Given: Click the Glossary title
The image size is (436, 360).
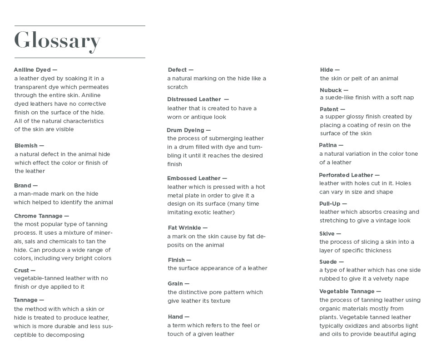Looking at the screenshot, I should click(57, 41).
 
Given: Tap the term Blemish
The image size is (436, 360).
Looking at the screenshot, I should click(26, 146).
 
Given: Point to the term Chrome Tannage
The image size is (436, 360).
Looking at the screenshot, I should click(39, 216).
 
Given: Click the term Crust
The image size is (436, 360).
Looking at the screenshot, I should click(21, 270).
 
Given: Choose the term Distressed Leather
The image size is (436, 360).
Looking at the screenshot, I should click(194, 99).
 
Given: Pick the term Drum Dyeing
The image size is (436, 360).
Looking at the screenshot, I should click(186, 130).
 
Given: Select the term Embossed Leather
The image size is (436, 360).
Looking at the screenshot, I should click(194, 178).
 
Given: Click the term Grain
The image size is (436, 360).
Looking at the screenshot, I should click(175, 284).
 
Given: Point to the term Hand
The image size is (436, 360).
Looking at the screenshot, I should click(175, 317).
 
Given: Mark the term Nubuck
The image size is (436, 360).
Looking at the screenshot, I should click(331, 90).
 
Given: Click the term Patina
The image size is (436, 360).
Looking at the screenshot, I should click(328, 145).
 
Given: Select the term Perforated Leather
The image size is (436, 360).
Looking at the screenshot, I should click(346, 175).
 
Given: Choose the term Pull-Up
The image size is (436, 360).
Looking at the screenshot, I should click(330, 204).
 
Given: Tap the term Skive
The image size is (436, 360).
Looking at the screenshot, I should click(327, 234).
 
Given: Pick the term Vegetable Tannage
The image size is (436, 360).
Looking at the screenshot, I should click(347, 291).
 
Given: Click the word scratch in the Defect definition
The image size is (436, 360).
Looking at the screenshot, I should click(177, 87).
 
